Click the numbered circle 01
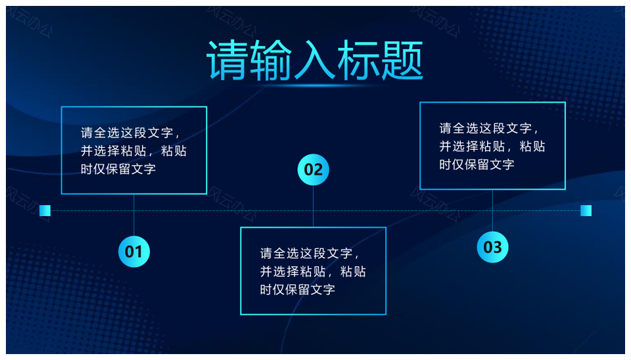(134, 252)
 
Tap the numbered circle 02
(313, 169)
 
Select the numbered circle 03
(492, 247)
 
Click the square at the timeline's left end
(45, 210)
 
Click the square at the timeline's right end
(586, 210)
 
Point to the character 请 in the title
(227, 60)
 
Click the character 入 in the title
(314, 60)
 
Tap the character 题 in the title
(402, 60)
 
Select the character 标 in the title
(358, 60)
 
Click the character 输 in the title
(270, 60)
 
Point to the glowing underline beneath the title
(314, 85)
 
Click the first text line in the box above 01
(130, 133)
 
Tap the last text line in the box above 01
(118, 169)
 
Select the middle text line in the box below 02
(313, 271)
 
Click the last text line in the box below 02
(297, 290)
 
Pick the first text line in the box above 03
(489, 128)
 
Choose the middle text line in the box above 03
(492, 146)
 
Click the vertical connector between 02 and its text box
(313, 206)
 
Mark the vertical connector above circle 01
(134, 215)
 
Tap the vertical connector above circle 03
(492, 211)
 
